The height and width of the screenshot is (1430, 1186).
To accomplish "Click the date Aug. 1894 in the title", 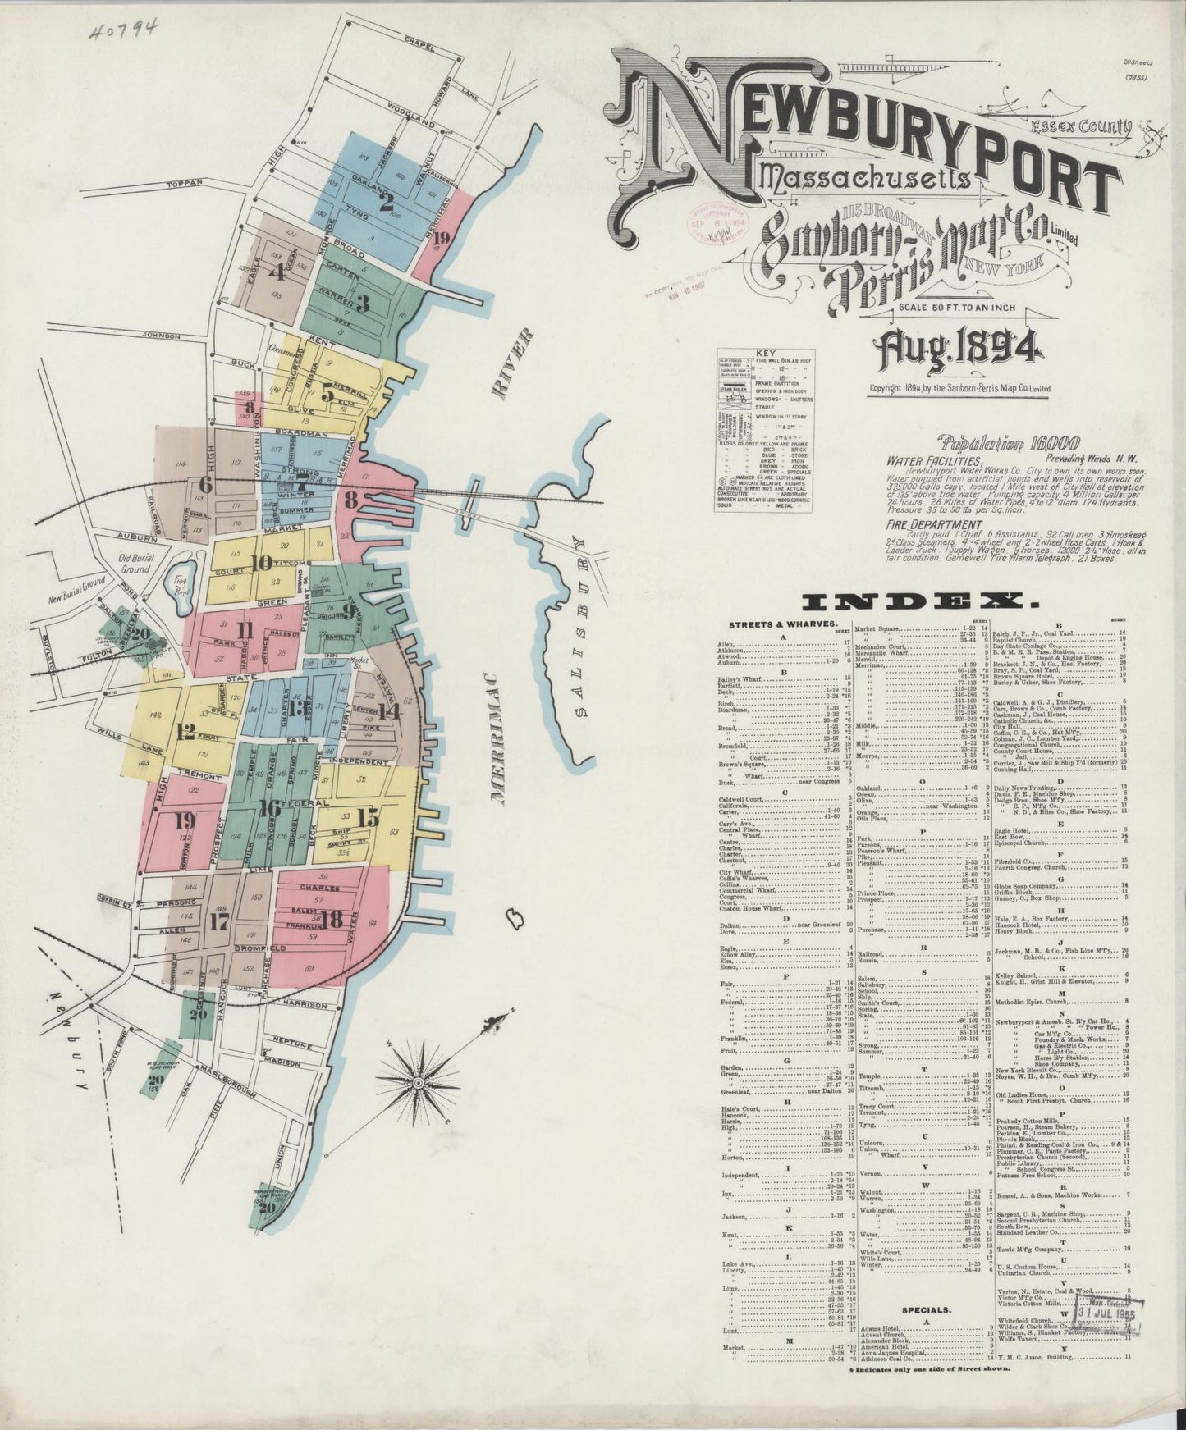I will tap(967, 353).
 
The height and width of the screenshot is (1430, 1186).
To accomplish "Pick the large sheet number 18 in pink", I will tap(332, 920).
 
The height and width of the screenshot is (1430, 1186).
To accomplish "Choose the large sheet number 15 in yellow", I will tap(369, 816).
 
